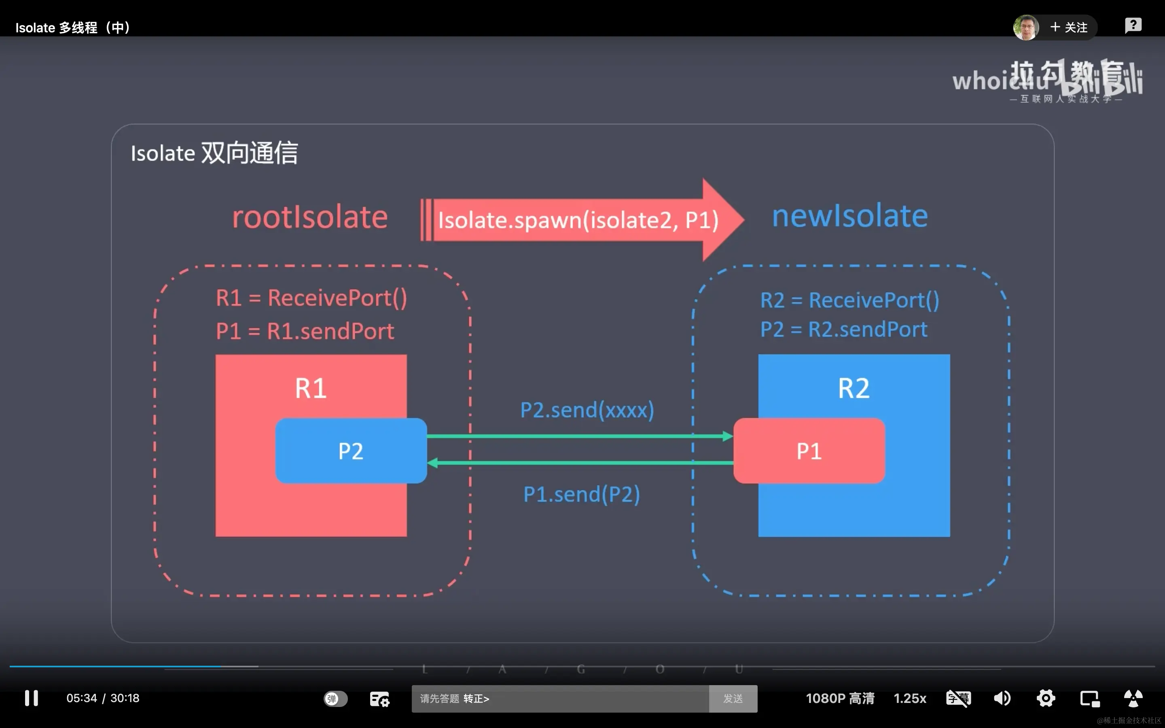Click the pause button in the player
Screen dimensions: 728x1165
click(31, 698)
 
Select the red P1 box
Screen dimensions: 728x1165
click(809, 451)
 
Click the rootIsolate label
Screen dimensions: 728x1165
click(309, 217)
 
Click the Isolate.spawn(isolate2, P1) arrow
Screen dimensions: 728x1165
click(578, 220)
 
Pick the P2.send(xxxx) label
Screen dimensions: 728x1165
click(587, 410)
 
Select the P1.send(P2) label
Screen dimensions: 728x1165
click(582, 495)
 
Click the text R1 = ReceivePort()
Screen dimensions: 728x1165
click(311, 298)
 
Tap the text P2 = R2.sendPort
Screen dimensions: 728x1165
click(843, 330)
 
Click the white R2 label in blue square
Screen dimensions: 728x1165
click(854, 388)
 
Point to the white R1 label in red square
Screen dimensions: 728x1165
click(311, 388)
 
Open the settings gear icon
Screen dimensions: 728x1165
click(1046, 698)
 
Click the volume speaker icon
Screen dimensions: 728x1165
click(1002, 698)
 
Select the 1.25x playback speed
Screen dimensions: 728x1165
click(909, 698)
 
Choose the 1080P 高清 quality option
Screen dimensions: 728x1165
click(840, 698)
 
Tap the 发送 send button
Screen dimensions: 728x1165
click(733, 698)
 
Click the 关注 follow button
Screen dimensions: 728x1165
click(1069, 28)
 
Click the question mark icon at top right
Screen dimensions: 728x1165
click(1133, 25)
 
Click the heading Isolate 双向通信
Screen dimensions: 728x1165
click(214, 153)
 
